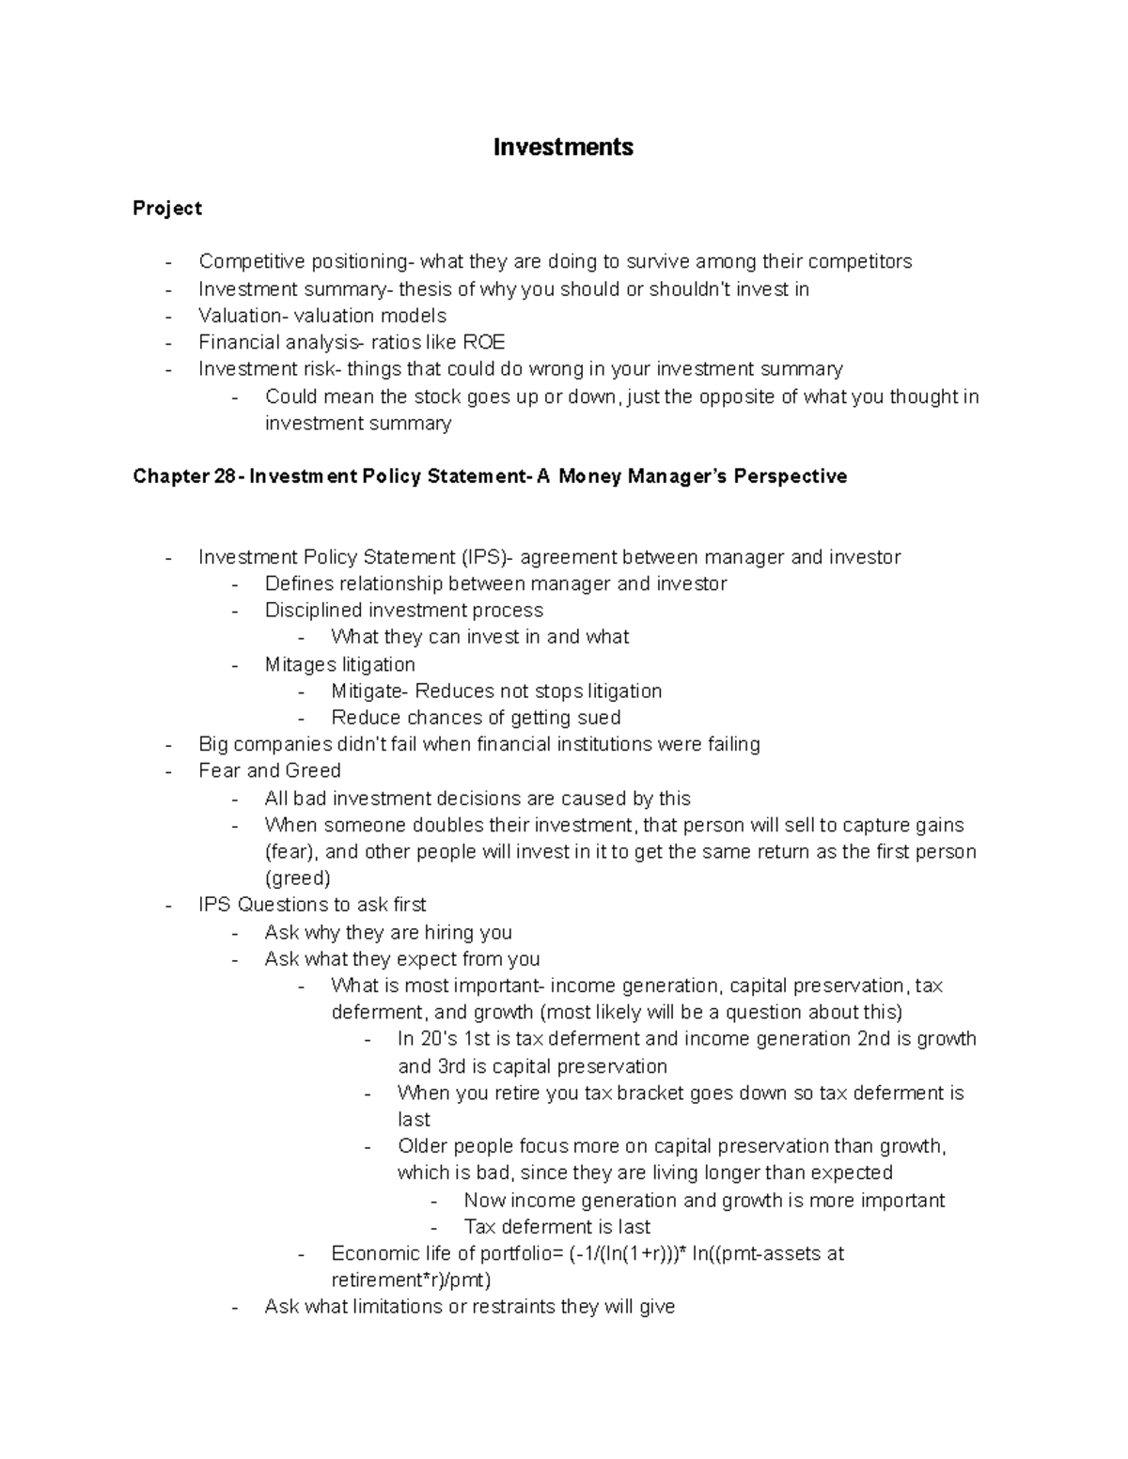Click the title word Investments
pos(563,147)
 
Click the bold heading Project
pos(167,208)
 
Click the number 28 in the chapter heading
pos(224,476)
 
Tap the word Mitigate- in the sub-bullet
pos(370,691)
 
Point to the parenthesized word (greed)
pos(298,878)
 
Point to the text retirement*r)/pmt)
pos(412,1280)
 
